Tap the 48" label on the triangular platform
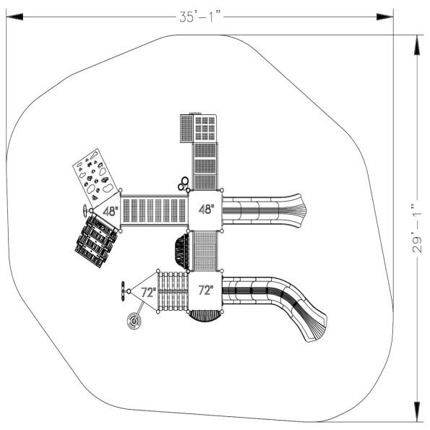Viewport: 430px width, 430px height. pos(110,212)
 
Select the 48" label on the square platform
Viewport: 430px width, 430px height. pos(206,210)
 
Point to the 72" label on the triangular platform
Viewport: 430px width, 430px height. pos(148,292)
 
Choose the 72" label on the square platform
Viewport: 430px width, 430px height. pos(206,291)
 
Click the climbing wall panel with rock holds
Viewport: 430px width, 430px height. pos(94,174)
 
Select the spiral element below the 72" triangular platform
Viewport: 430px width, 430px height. pos(134,322)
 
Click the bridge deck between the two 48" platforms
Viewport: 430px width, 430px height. pos(155,211)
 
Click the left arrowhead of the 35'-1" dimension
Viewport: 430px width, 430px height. pos(10,16)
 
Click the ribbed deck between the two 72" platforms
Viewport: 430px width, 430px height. pos(173,291)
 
